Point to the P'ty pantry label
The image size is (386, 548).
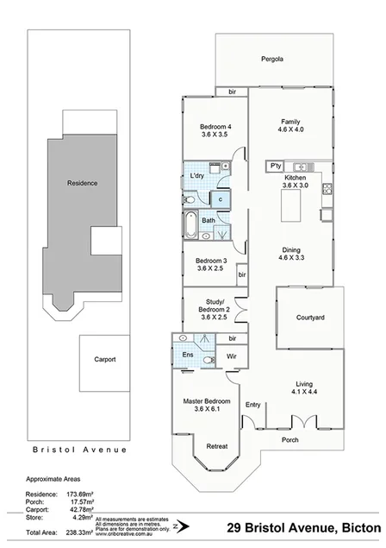pyautogui.click(x=276, y=166)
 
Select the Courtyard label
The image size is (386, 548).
pyautogui.click(x=309, y=318)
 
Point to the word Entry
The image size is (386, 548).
pyautogui.click(x=252, y=405)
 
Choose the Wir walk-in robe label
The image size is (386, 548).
pyautogui.click(x=232, y=356)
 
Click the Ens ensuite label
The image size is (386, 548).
pyautogui.click(x=188, y=355)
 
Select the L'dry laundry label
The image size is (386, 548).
pyautogui.click(x=197, y=177)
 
